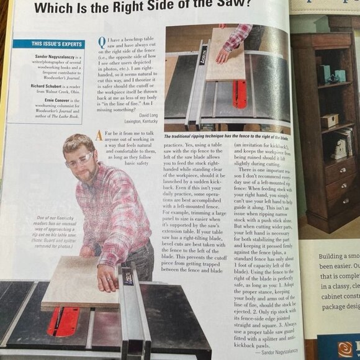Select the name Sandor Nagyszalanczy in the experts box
pos(38,55)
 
